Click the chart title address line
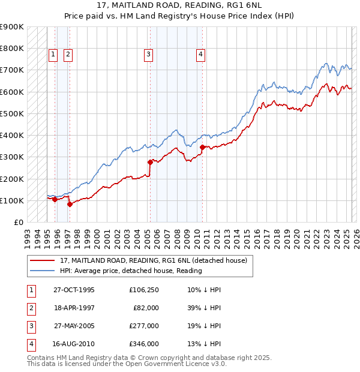coord(179,5)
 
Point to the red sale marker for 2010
coord(202,147)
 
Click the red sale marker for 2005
coord(150,162)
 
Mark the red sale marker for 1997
coord(70,204)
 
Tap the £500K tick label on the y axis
coord(11,113)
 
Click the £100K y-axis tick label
coord(11,200)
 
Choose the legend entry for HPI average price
coord(131,271)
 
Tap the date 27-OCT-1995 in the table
coord(74,289)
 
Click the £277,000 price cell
coord(144,326)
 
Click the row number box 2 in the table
coord(30,308)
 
